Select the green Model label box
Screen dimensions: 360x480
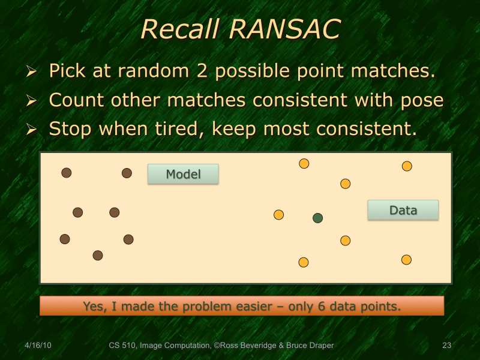click(183, 174)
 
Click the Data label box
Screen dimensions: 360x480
click(403, 210)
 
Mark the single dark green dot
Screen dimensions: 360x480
click(318, 218)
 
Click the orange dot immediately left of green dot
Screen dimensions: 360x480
click(278, 215)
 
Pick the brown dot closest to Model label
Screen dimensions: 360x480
click(127, 173)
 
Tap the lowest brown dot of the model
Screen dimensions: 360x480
click(98, 256)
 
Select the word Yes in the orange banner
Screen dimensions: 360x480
click(93, 307)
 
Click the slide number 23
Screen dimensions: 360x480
click(446, 346)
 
